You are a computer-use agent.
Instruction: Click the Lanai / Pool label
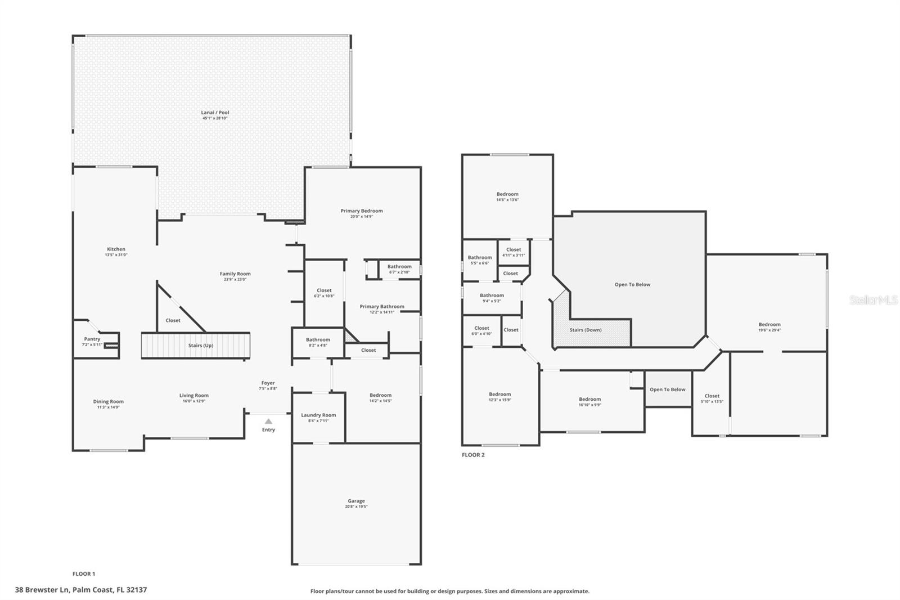click(215, 113)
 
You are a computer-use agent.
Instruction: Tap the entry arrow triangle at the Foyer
click(269, 421)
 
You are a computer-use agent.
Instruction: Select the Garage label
click(356, 501)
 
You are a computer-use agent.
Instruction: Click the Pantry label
click(92, 339)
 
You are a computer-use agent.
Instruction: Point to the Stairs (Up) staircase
click(195, 345)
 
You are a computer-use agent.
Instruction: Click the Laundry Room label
click(318, 415)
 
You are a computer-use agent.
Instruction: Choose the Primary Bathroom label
click(382, 307)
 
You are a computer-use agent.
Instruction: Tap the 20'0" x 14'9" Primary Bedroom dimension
click(362, 217)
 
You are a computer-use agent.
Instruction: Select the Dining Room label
click(109, 401)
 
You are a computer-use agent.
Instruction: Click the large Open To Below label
click(632, 284)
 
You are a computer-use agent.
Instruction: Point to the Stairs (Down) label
click(586, 330)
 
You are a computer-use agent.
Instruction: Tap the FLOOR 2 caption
click(473, 455)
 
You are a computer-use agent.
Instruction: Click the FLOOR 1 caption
click(84, 574)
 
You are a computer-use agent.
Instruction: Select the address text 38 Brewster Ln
click(42, 590)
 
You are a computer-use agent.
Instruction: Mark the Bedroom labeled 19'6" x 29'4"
click(769, 324)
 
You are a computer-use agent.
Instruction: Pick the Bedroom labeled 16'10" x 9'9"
click(590, 399)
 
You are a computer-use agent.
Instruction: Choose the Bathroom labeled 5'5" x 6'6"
click(480, 257)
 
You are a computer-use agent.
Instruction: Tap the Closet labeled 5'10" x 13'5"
click(712, 396)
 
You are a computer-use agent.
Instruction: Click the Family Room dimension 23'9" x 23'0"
click(235, 280)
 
